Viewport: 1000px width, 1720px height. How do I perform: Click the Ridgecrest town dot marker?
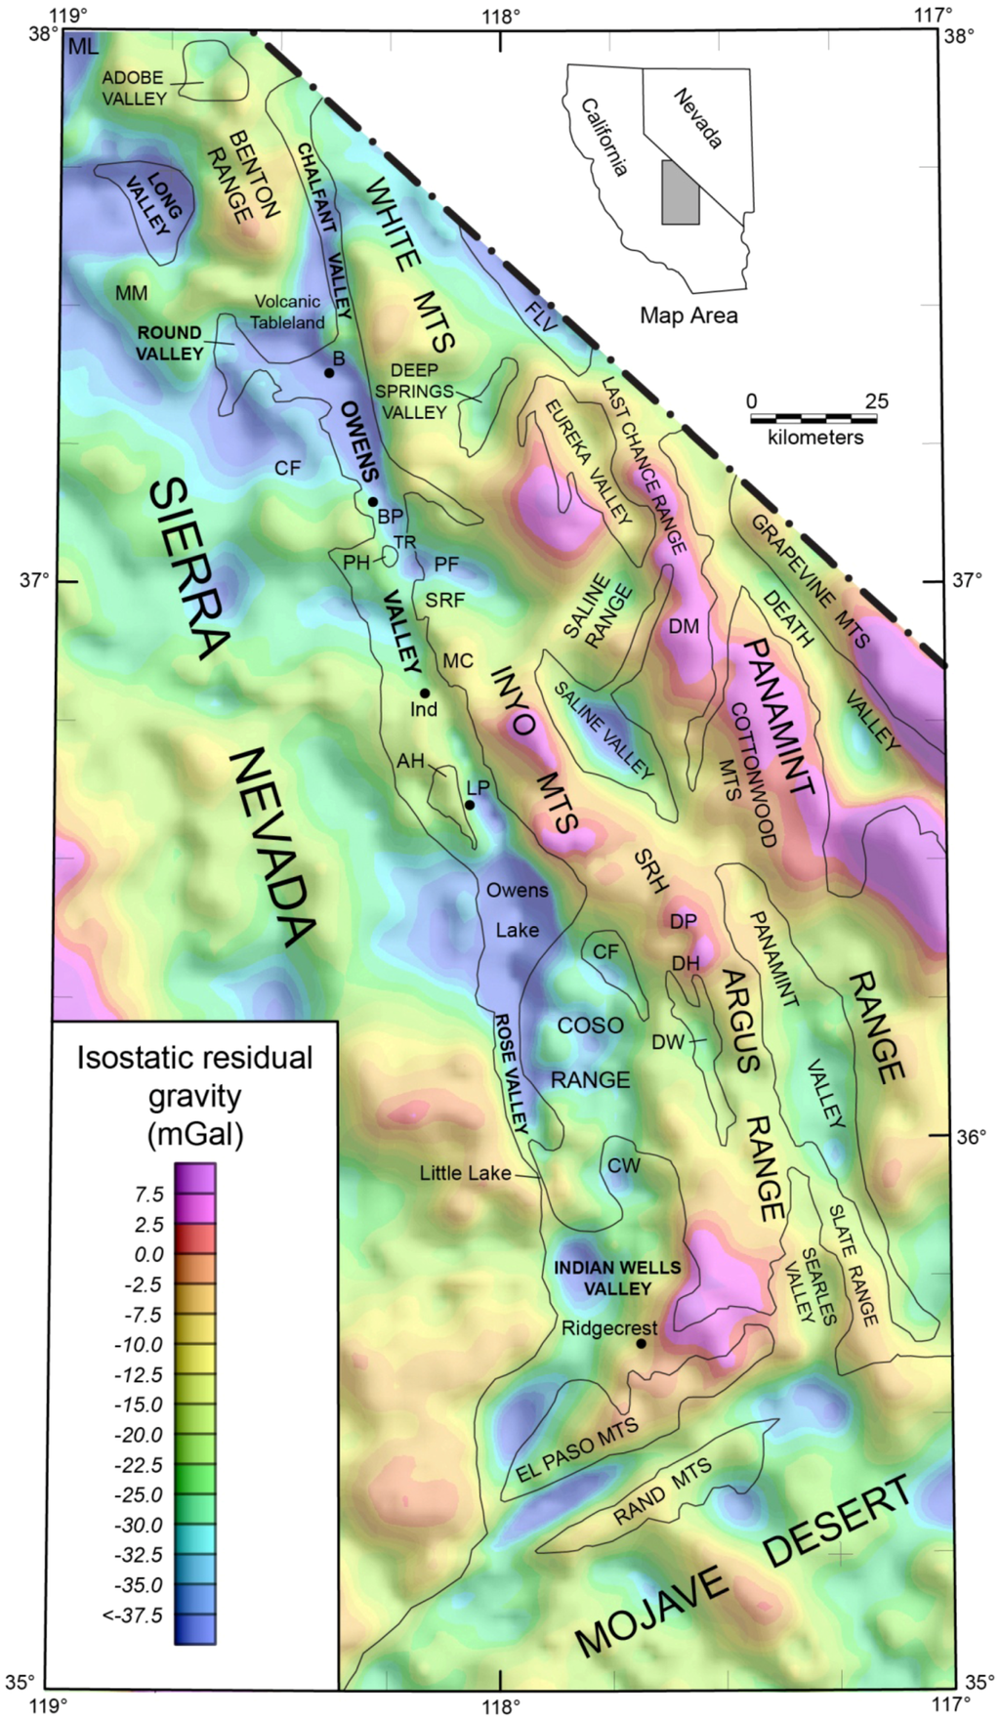tap(641, 1343)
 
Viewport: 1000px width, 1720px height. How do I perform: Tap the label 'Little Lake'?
tap(465, 1173)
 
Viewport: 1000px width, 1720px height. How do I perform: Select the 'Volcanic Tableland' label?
tap(287, 312)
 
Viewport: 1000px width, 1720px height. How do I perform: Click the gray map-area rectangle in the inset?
tap(681, 192)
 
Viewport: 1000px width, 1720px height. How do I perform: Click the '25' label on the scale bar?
tap(876, 401)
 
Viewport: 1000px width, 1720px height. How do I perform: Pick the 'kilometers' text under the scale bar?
tap(815, 438)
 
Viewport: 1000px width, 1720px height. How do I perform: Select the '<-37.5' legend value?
tap(133, 1615)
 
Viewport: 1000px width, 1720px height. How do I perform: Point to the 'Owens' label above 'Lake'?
tap(517, 890)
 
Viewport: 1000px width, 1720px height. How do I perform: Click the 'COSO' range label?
tap(590, 1026)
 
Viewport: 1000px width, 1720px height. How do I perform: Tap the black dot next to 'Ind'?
tap(425, 692)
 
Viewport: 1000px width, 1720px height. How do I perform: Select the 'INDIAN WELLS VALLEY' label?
tap(617, 1278)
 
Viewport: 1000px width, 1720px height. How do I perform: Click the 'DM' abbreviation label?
tap(684, 626)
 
